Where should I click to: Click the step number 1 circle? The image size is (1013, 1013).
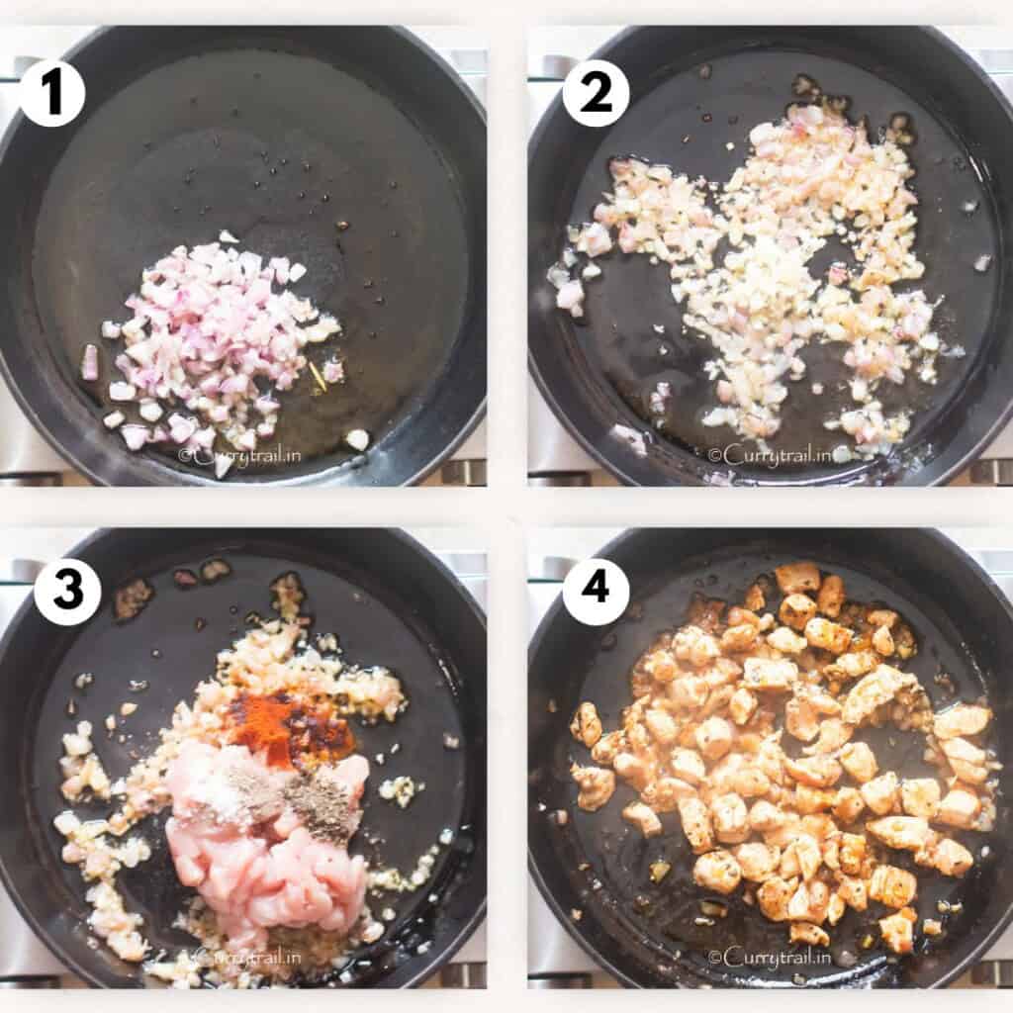(x=51, y=93)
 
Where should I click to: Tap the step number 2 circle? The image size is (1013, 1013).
(x=596, y=93)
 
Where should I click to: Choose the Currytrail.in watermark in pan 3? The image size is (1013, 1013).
(x=247, y=957)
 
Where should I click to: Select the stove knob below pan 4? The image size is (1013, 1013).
(x=989, y=974)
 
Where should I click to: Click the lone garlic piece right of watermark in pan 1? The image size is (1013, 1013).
(x=356, y=438)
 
